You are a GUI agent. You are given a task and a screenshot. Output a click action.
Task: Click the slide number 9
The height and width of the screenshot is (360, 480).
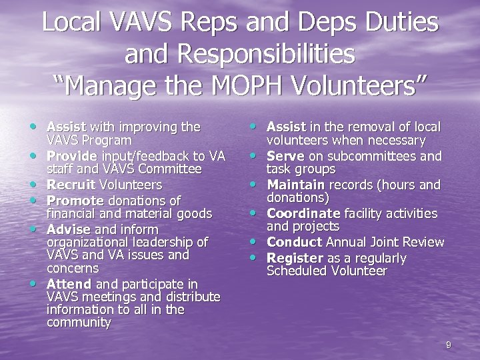point(448,345)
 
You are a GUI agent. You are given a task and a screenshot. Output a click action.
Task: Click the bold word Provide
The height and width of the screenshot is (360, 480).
point(72,156)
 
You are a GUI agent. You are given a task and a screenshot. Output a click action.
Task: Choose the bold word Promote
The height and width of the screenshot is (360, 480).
point(75,200)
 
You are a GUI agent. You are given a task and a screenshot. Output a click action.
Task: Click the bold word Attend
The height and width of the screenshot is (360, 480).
point(69,284)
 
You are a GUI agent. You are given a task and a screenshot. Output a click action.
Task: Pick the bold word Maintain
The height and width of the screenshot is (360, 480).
point(295,185)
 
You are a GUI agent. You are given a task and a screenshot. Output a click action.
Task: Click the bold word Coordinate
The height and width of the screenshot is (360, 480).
point(303,213)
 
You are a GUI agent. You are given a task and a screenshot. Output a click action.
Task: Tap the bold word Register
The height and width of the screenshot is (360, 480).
point(295,258)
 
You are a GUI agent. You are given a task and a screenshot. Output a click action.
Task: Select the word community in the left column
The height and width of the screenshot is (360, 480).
point(79,323)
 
